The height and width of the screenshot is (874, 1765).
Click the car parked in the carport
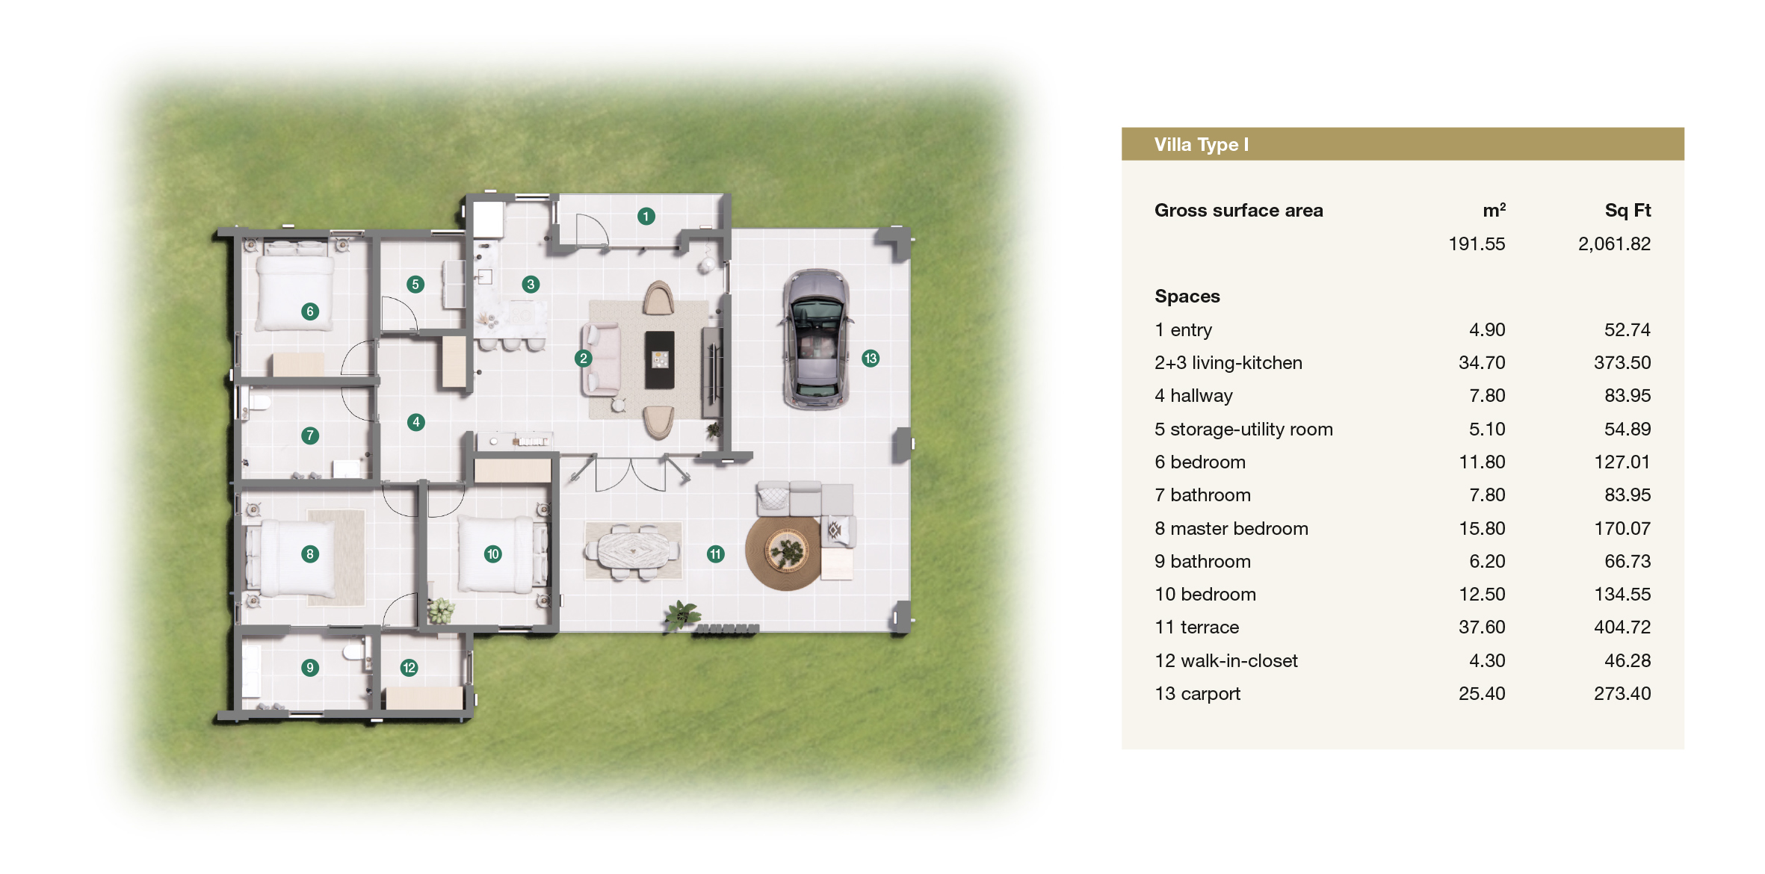tap(816, 340)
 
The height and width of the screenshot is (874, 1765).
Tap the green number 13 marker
tap(871, 359)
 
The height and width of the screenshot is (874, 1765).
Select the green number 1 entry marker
tap(646, 217)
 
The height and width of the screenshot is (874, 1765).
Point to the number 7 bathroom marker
tap(310, 436)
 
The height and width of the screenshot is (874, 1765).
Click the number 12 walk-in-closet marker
tap(409, 668)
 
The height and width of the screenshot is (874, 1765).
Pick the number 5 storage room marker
tap(415, 284)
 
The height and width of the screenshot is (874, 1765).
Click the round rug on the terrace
tap(785, 553)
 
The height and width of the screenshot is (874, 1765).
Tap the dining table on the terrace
tap(633, 551)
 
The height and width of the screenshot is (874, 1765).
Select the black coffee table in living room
tap(659, 360)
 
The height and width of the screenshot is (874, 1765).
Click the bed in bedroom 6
tap(295, 291)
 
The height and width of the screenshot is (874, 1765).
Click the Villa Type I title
tap(1201, 145)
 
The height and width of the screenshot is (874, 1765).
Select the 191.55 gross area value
tap(1477, 244)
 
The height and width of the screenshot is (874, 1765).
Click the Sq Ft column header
tap(1628, 211)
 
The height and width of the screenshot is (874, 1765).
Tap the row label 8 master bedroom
tap(1231, 529)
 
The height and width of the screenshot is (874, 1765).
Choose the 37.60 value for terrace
tap(1482, 627)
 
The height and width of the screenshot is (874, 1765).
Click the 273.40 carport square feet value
tap(1622, 694)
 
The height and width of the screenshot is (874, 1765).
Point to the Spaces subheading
tap(1187, 297)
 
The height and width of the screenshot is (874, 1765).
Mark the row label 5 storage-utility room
tap(1243, 430)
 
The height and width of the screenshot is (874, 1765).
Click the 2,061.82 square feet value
tap(1614, 244)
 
